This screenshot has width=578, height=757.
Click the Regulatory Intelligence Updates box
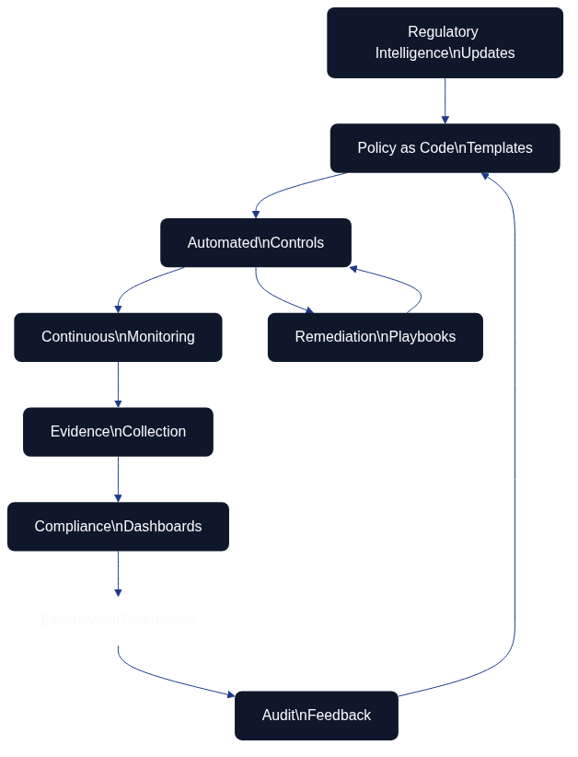[x=445, y=42]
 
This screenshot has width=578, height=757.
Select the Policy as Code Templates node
[x=445, y=148]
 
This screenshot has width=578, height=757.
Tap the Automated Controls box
[x=255, y=243]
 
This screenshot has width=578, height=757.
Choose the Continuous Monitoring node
[x=118, y=337]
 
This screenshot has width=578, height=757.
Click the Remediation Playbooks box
[x=375, y=337]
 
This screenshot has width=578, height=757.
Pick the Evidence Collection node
[x=118, y=432]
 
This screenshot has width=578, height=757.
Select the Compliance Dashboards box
[x=118, y=527]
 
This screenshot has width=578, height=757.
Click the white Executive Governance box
[x=118, y=621]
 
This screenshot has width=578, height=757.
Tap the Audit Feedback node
[x=316, y=716]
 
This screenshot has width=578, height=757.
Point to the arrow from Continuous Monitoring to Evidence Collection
[x=118, y=383]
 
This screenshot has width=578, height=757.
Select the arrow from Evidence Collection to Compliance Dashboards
[x=118, y=478]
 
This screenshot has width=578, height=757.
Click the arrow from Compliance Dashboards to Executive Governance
[x=118, y=572]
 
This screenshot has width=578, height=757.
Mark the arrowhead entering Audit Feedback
[x=230, y=695]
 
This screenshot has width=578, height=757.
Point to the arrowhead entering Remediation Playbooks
[x=309, y=310]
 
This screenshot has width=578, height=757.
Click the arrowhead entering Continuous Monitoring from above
[x=118, y=309]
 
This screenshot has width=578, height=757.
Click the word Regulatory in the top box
[x=443, y=32]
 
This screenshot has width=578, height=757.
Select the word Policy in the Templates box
[x=376, y=148]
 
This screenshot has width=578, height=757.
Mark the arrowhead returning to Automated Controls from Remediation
[x=353, y=269]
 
